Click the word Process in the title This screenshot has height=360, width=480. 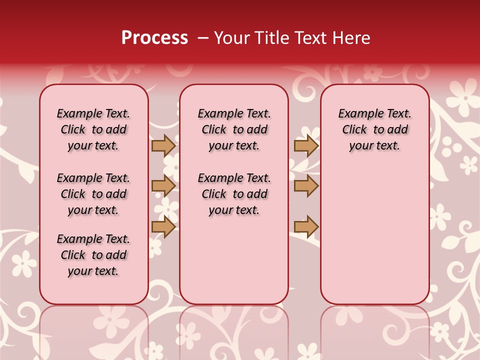[x=154, y=38]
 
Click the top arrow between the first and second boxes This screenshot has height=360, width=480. [x=163, y=145]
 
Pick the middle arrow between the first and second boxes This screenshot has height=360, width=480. [x=163, y=186]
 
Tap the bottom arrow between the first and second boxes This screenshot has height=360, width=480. [x=163, y=227]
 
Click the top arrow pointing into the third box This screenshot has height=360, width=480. [x=306, y=145]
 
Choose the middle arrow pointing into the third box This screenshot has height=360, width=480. [x=306, y=186]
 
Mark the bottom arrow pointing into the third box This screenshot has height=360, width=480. [x=306, y=227]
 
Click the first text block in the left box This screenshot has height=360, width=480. [x=93, y=129]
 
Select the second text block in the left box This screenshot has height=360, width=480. [x=93, y=194]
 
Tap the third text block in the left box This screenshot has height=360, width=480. [x=93, y=255]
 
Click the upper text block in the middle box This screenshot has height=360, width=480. [x=234, y=129]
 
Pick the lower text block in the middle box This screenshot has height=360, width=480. [x=234, y=194]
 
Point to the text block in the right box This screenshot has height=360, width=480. [x=375, y=129]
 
